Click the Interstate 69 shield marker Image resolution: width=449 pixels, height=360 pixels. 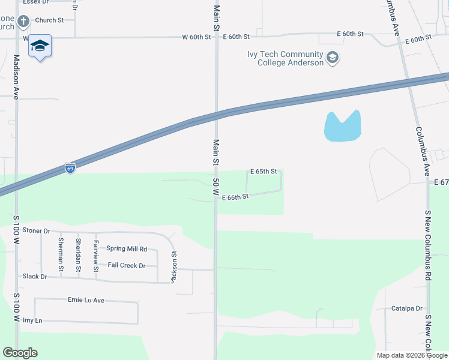70,169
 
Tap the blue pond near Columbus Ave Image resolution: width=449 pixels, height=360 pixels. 342,127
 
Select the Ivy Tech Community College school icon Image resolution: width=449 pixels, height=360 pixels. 333,58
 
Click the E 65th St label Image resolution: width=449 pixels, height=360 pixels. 264,172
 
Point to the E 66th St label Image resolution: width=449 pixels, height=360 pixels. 235,197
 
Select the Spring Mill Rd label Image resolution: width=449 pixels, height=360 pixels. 127,248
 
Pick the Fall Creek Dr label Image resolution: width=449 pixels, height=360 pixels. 127,265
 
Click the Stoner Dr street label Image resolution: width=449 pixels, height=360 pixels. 36,230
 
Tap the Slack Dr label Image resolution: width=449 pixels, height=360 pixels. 35,277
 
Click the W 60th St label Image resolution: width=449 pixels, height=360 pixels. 197,37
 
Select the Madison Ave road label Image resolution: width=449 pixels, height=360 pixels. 17,77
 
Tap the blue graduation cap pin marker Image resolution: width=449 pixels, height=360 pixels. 40,46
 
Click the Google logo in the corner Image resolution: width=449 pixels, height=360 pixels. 20,353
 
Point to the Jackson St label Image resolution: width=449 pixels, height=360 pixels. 173,262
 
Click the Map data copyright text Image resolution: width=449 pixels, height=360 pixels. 412,355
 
